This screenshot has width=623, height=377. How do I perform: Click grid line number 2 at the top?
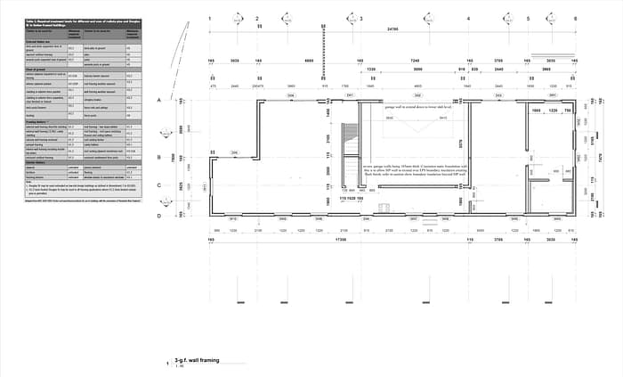point(257,18)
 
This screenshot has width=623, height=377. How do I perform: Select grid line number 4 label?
point(468,18)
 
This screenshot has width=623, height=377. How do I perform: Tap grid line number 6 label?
point(576,18)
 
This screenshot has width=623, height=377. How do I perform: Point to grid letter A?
point(159,102)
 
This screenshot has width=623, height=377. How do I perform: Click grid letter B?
point(159,158)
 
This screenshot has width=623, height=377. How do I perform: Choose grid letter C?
point(159,186)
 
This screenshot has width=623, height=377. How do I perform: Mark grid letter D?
point(159,216)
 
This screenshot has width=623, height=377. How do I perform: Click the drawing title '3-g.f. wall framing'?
point(196,360)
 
